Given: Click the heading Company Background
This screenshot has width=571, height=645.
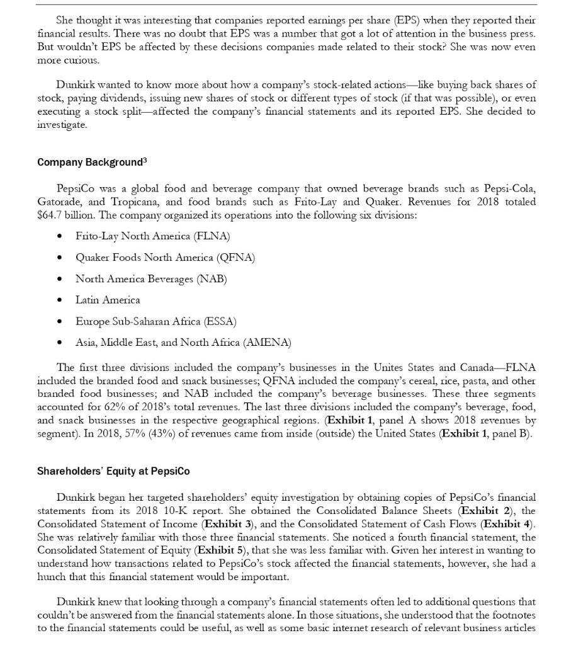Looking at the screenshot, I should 89,163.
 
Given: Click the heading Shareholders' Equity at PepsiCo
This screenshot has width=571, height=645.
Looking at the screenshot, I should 113,471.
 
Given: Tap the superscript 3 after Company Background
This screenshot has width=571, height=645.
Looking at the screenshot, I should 145,160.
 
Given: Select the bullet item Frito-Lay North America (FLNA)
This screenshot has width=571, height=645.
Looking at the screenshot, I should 152,236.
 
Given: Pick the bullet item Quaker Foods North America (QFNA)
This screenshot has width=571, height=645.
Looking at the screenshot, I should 165,258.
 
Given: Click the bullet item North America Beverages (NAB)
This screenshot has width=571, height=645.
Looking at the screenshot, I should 151,278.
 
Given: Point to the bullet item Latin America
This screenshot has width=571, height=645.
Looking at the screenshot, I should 108,300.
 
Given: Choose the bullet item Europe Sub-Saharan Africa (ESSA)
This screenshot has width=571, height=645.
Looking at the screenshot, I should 155,321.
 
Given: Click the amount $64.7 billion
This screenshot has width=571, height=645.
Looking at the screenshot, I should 63,215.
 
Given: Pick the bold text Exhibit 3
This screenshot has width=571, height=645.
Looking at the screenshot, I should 229,524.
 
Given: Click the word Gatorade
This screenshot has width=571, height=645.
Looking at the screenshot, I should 58,202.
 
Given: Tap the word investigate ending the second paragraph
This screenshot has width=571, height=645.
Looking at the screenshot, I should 61,125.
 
